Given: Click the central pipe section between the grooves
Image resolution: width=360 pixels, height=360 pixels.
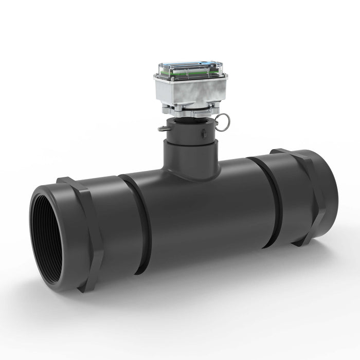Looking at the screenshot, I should tap(206, 216).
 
